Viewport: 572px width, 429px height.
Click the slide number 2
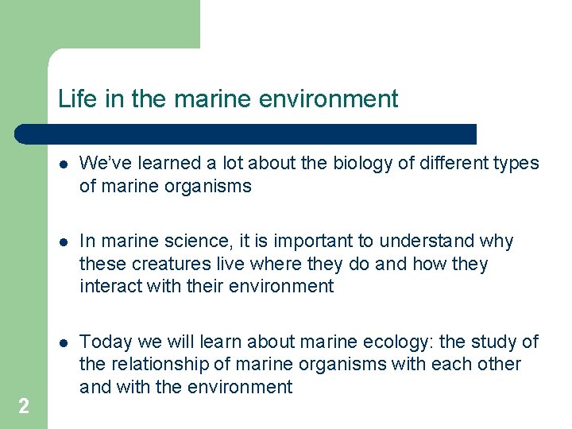pos(24,407)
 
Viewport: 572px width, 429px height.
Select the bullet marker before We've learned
pos(63,164)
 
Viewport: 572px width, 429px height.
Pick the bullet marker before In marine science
pos(63,242)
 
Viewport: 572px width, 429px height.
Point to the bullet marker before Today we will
pos(63,342)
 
